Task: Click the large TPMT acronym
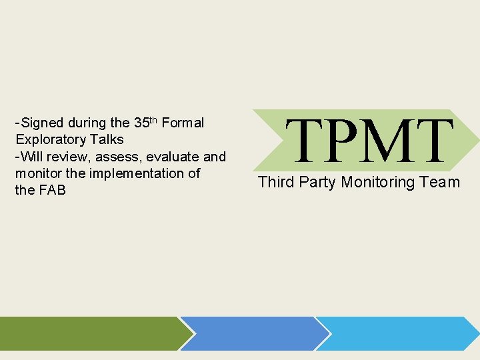pos(372,141)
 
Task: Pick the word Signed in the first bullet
pos(43,123)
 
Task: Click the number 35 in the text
pos(141,123)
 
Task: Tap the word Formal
pos(183,123)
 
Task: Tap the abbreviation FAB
pos(51,190)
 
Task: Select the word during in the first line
pos(87,123)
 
